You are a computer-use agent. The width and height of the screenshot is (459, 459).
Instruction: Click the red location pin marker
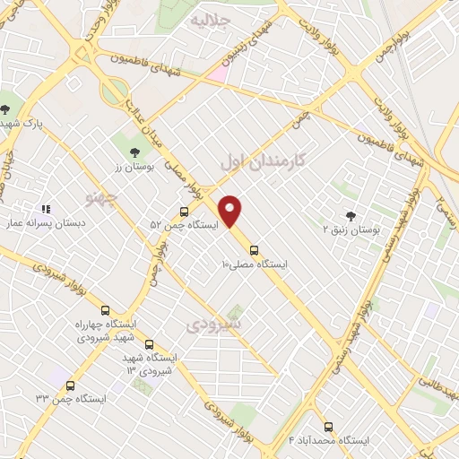click(231, 211)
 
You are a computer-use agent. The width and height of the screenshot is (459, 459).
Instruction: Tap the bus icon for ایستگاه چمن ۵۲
click(184, 212)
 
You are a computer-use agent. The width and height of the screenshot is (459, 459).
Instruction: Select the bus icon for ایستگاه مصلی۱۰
click(254, 250)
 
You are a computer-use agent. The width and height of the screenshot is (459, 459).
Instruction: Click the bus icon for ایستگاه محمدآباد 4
click(327, 427)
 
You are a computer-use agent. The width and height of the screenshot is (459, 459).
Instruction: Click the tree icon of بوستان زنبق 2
click(350, 215)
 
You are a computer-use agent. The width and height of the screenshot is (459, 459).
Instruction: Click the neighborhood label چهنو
click(100, 195)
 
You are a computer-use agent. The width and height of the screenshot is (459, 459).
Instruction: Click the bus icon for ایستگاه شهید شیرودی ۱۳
click(149, 344)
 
